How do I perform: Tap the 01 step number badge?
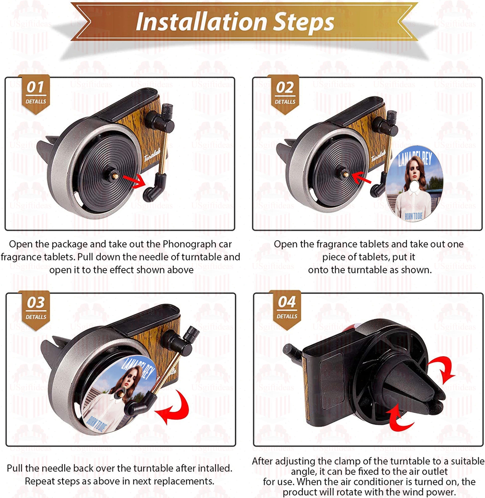point(36,94)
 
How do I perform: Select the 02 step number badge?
point(285,94)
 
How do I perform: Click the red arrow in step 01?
point(134,181)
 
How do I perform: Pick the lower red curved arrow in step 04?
point(399,418)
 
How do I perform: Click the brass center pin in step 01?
point(115,176)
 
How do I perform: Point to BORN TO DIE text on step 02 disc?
point(414,216)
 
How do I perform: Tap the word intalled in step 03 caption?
point(214,468)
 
